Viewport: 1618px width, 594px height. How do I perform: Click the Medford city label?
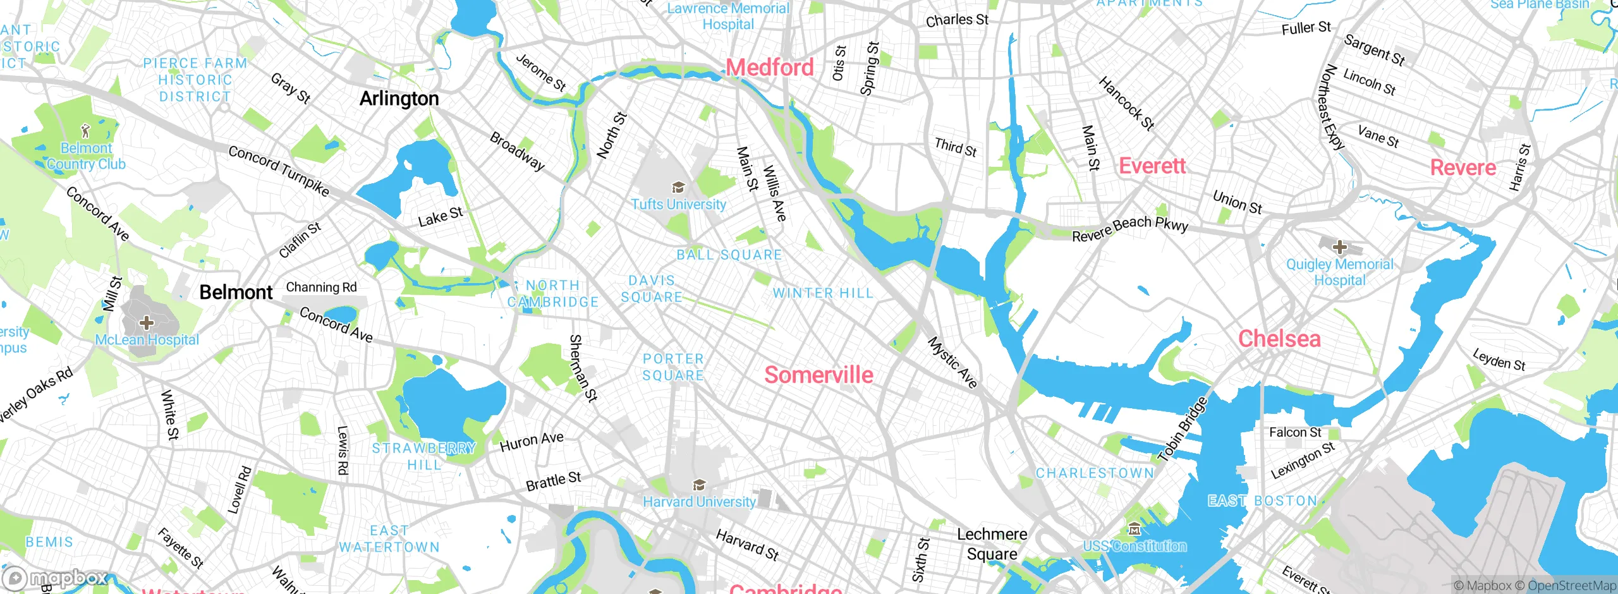point(769,67)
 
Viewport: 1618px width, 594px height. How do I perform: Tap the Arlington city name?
point(399,99)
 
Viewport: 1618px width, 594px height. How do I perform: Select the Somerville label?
point(818,375)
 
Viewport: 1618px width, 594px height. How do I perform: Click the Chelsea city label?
point(1279,339)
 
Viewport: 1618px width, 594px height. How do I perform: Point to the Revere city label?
point(1463,167)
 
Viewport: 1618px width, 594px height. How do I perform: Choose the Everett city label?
point(1152,166)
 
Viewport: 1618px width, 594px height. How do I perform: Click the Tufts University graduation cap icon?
point(678,188)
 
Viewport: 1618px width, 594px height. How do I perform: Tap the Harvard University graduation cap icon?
point(699,485)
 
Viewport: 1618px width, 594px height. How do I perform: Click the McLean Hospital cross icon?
point(147,323)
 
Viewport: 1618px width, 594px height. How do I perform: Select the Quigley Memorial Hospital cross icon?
point(1339,247)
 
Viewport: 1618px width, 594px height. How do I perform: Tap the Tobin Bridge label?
point(1183,429)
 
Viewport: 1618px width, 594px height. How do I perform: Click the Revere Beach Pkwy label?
point(1130,229)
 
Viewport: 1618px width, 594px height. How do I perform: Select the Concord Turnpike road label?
point(279,171)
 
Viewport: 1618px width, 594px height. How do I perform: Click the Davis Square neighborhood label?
point(652,289)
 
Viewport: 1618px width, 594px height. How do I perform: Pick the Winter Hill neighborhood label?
point(823,293)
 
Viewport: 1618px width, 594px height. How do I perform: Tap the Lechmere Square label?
point(992,544)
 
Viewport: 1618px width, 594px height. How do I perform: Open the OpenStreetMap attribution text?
point(1570,586)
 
